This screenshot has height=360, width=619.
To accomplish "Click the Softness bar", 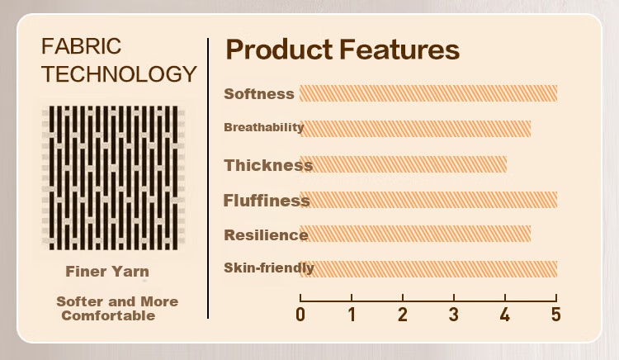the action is pos(428,93).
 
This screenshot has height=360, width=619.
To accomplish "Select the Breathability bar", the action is pos(415,129).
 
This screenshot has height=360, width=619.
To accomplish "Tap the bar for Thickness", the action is pos(403,164).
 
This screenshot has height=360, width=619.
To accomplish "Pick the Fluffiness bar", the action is pos(428,200).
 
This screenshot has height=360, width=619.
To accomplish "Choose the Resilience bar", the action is pos(415,234).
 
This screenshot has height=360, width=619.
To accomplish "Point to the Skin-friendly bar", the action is pos(428,269).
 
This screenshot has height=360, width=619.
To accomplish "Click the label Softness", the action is pos(259,94).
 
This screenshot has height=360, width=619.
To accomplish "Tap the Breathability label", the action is pos(264,127).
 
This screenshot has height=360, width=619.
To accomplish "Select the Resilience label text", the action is pos(266,234).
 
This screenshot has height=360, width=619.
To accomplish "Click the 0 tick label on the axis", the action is pos(300,315).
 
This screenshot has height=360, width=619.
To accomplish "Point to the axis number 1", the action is pos(352,315).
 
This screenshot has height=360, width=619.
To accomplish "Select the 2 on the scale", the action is pos(402,315).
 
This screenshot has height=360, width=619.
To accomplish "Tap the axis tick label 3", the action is pos(454,315).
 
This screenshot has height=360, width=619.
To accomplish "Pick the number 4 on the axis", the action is pos(505,315).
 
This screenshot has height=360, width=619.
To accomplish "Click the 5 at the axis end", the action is pos(555,315).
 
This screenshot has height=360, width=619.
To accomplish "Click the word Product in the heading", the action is pos(279,50).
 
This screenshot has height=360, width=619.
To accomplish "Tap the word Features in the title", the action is pos(399,50).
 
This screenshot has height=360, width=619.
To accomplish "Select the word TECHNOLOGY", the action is pos(119,73).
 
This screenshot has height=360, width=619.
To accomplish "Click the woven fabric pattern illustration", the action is pos(113,178).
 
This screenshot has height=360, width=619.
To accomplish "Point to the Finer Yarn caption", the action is pos(107,272).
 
